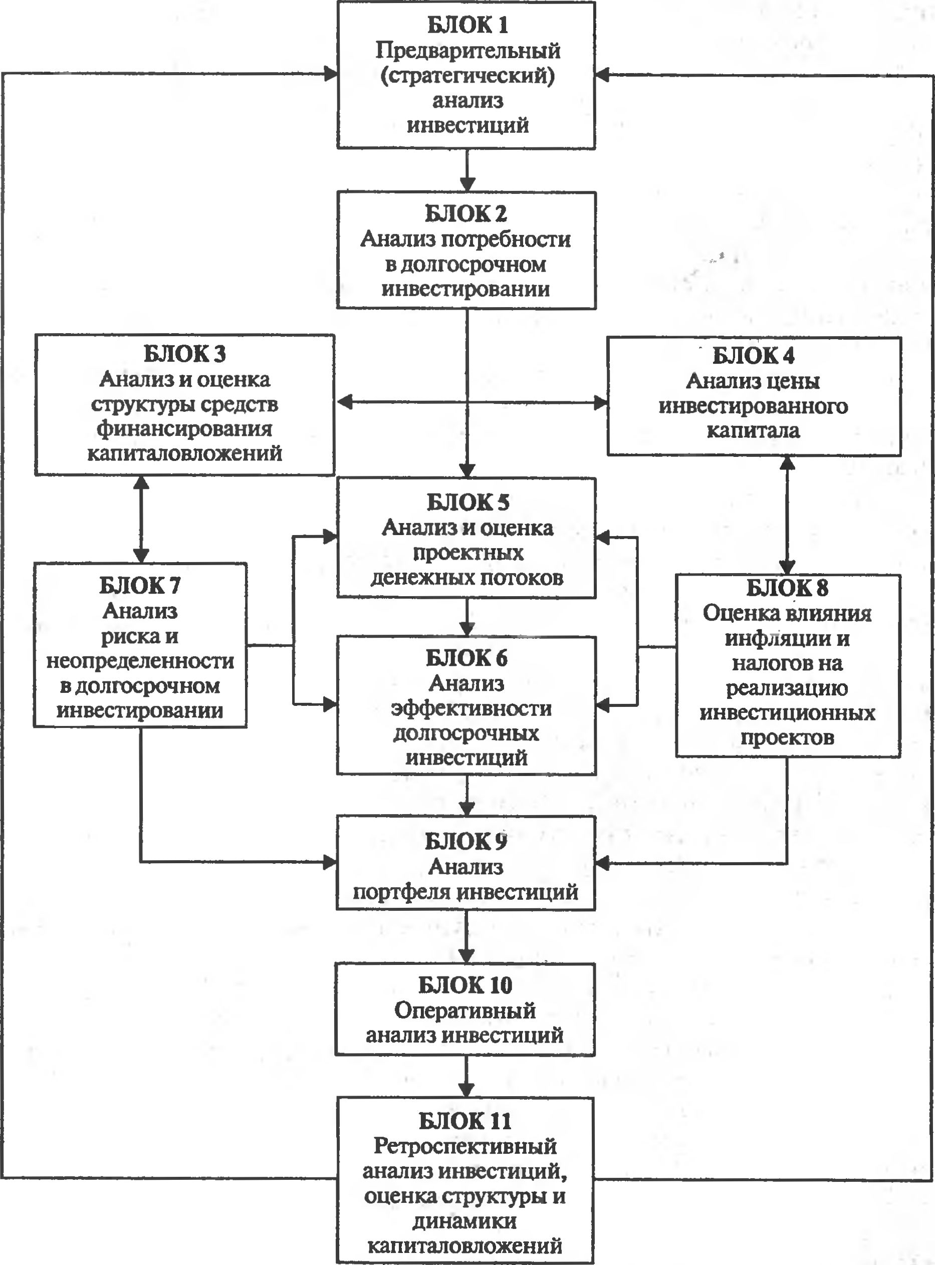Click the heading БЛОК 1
467,25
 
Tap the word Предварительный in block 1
468,51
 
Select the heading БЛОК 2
466,214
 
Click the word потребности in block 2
506,239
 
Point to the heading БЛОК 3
184,354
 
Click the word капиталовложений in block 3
184,453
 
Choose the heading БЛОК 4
753,356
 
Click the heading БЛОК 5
468,502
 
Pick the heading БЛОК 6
467,658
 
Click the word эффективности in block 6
472,708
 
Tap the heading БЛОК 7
140,586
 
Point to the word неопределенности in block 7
140,661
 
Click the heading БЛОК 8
787,588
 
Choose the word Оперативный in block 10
465,1010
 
